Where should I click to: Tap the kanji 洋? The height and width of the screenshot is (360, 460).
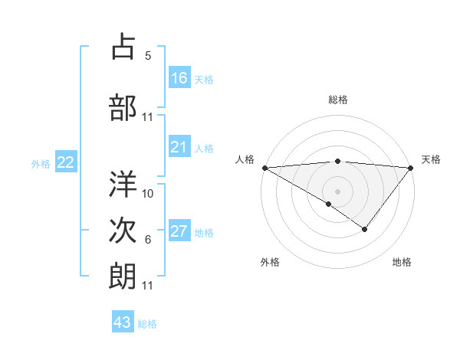[x=123, y=184]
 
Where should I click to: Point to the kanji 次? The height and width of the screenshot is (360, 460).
[x=123, y=231]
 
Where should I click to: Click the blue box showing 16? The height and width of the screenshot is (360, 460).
[x=179, y=78]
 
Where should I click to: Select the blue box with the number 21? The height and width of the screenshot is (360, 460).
[x=179, y=148]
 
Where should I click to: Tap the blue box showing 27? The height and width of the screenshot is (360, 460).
[x=179, y=232]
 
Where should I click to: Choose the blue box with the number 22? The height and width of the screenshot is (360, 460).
[x=66, y=162]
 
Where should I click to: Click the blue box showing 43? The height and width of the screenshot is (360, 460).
[x=123, y=322]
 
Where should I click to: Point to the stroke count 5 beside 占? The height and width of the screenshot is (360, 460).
[x=148, y=55]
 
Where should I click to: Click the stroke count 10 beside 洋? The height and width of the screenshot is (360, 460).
[x=148, y=194]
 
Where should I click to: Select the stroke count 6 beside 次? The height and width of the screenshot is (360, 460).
[x=148, y=240]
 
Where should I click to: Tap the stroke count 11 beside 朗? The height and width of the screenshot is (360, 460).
[x=148, y=286]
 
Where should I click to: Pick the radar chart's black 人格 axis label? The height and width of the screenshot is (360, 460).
[x=245, y=159]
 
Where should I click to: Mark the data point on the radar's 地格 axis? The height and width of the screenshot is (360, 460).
[x=365, y=229]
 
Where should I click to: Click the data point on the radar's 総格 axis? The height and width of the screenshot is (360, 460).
[x=338, y=161]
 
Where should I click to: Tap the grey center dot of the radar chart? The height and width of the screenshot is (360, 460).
[x=338, y=191]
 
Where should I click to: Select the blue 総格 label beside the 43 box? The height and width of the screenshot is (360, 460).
[x=147, y=324]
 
